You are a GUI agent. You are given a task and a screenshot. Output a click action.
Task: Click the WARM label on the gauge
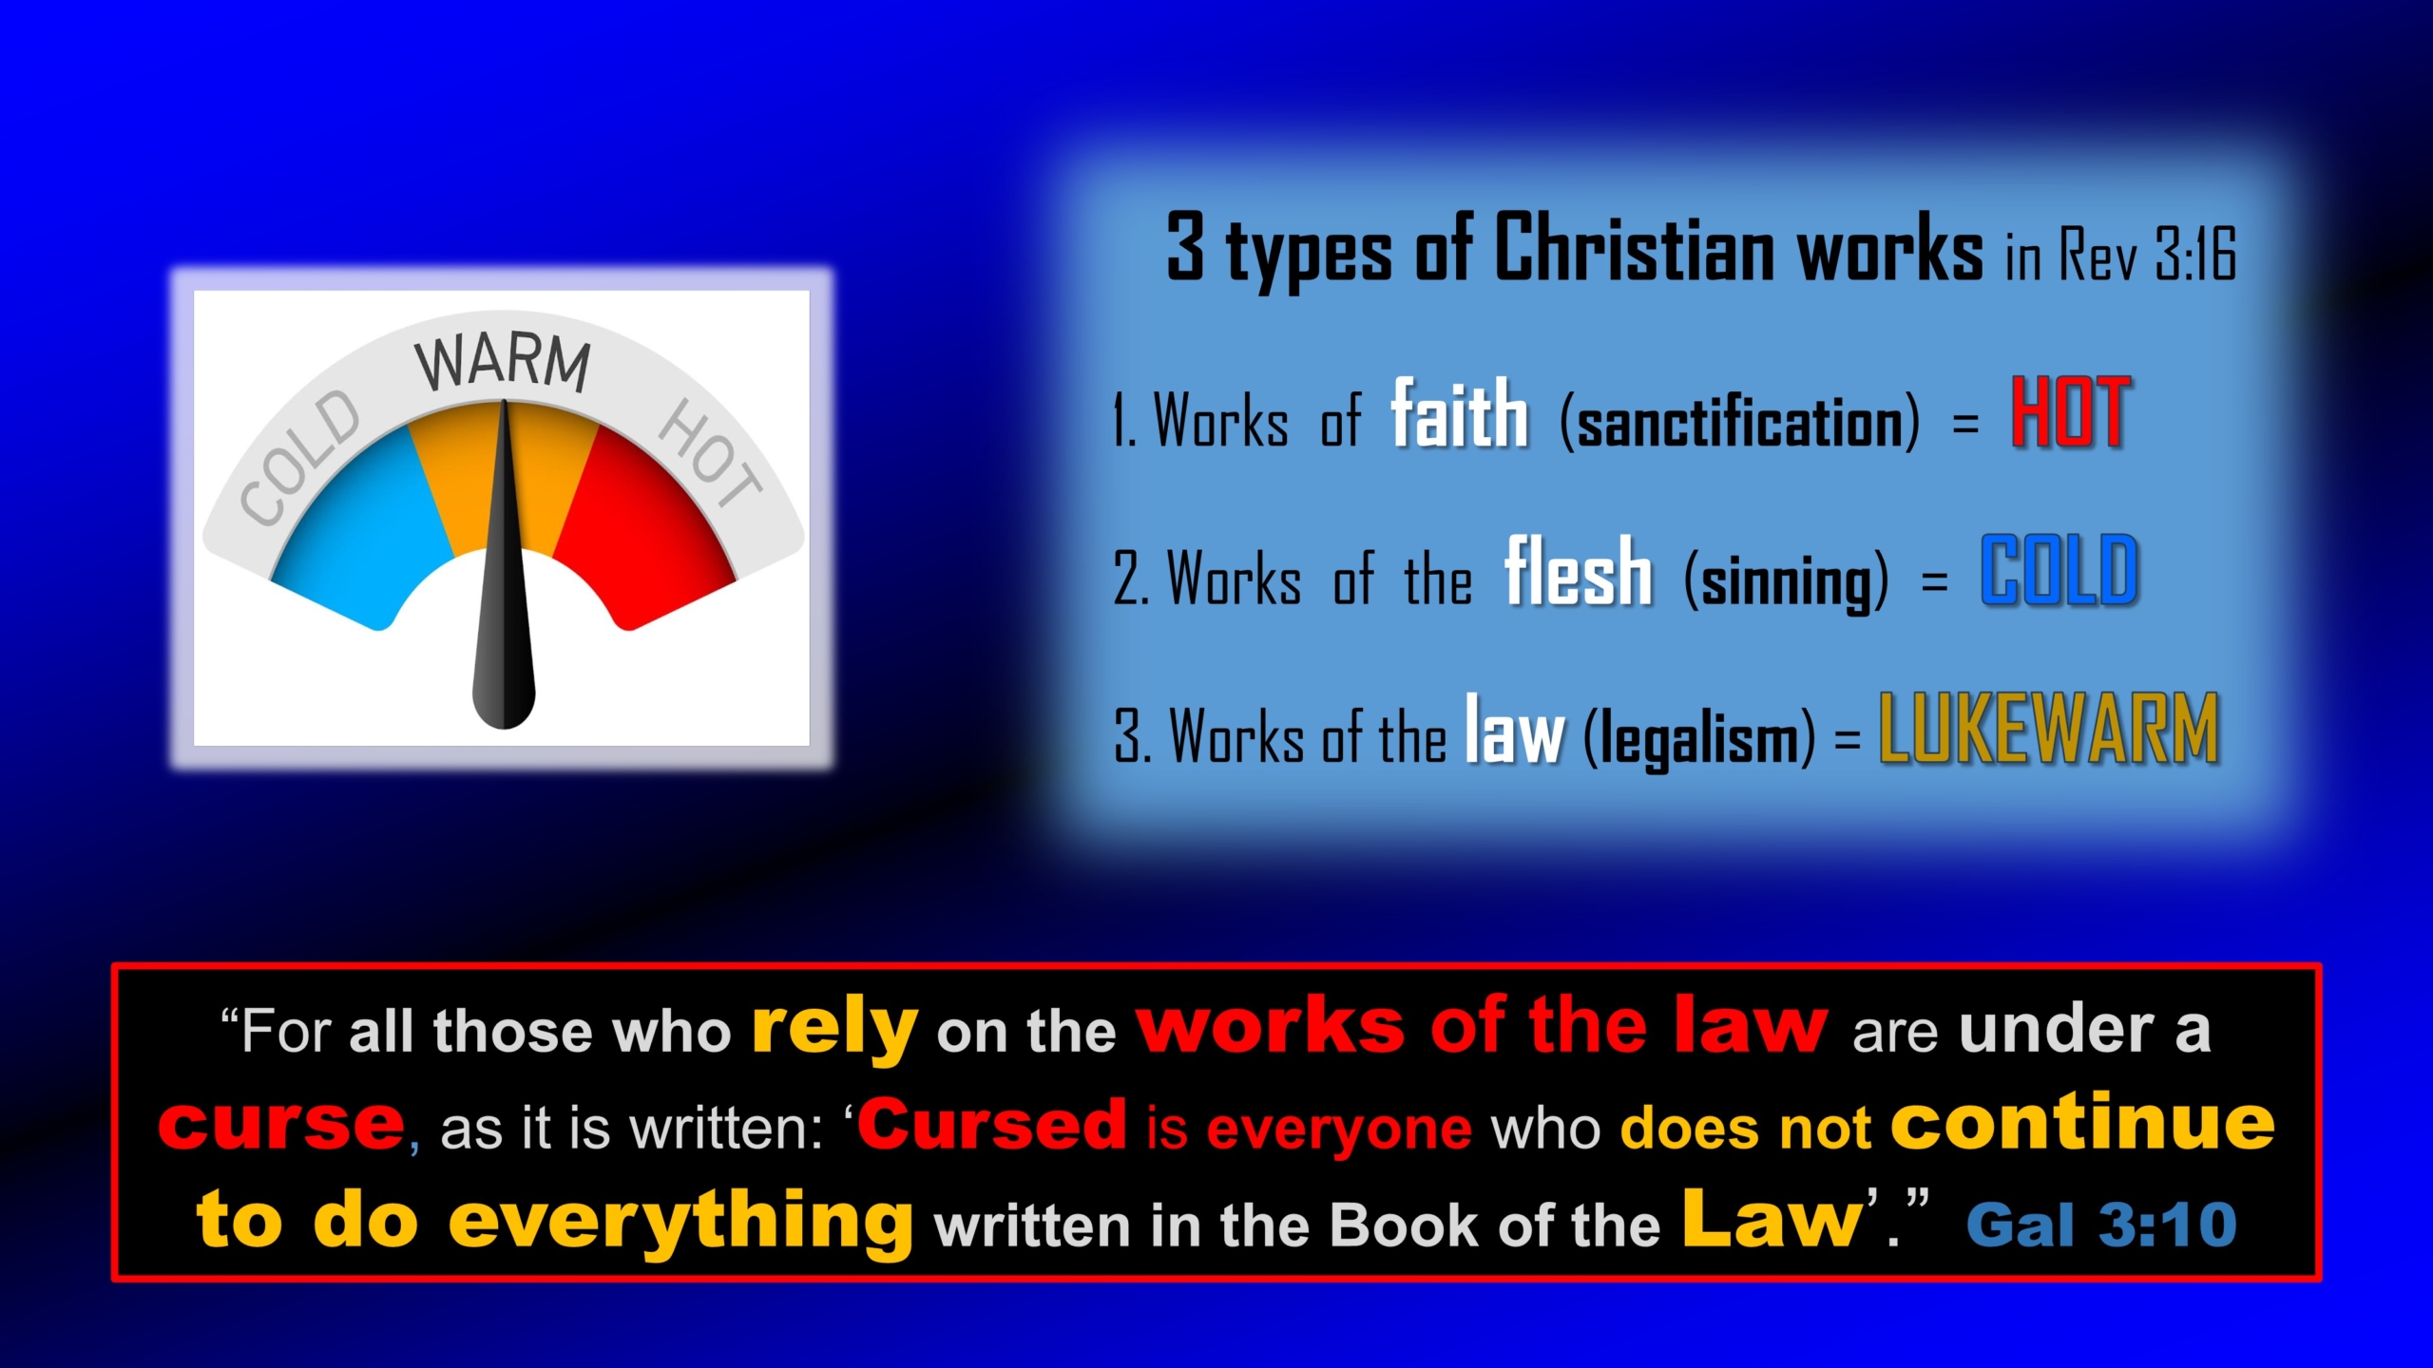(503, 363)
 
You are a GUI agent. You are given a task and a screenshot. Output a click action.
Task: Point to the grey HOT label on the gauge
(710, 452)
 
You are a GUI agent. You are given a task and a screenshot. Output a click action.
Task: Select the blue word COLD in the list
(2059, 570)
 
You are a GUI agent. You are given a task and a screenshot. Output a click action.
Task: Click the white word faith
(1460, 412)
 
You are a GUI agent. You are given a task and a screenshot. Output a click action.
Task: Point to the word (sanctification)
(1739, 422)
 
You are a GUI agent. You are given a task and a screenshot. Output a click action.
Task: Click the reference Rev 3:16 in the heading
(2148, 253)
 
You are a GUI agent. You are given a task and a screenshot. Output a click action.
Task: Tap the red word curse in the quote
(281, 1123)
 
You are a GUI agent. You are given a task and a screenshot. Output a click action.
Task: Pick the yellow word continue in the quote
(2083, 1121)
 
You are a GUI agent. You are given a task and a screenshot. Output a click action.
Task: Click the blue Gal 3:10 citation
(2102, 1224)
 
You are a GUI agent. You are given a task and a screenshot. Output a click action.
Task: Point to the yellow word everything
(681, 1224)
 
